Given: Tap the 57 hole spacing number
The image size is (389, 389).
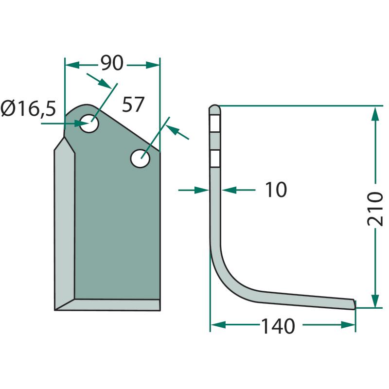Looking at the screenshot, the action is click(x=133, y=105).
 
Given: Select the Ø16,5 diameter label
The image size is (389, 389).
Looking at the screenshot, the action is click(x=28, y=108).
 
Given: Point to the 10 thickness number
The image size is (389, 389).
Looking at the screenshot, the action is click(x=276, y=190).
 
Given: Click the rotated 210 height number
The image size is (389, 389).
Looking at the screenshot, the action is click(x=375, y=209).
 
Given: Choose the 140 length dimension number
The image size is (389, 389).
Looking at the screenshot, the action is click(x=278, y=326).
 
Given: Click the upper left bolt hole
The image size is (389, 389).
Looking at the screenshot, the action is click(x=89, y=123).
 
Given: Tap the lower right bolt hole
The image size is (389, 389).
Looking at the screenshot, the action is click(x=140, y=159).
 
